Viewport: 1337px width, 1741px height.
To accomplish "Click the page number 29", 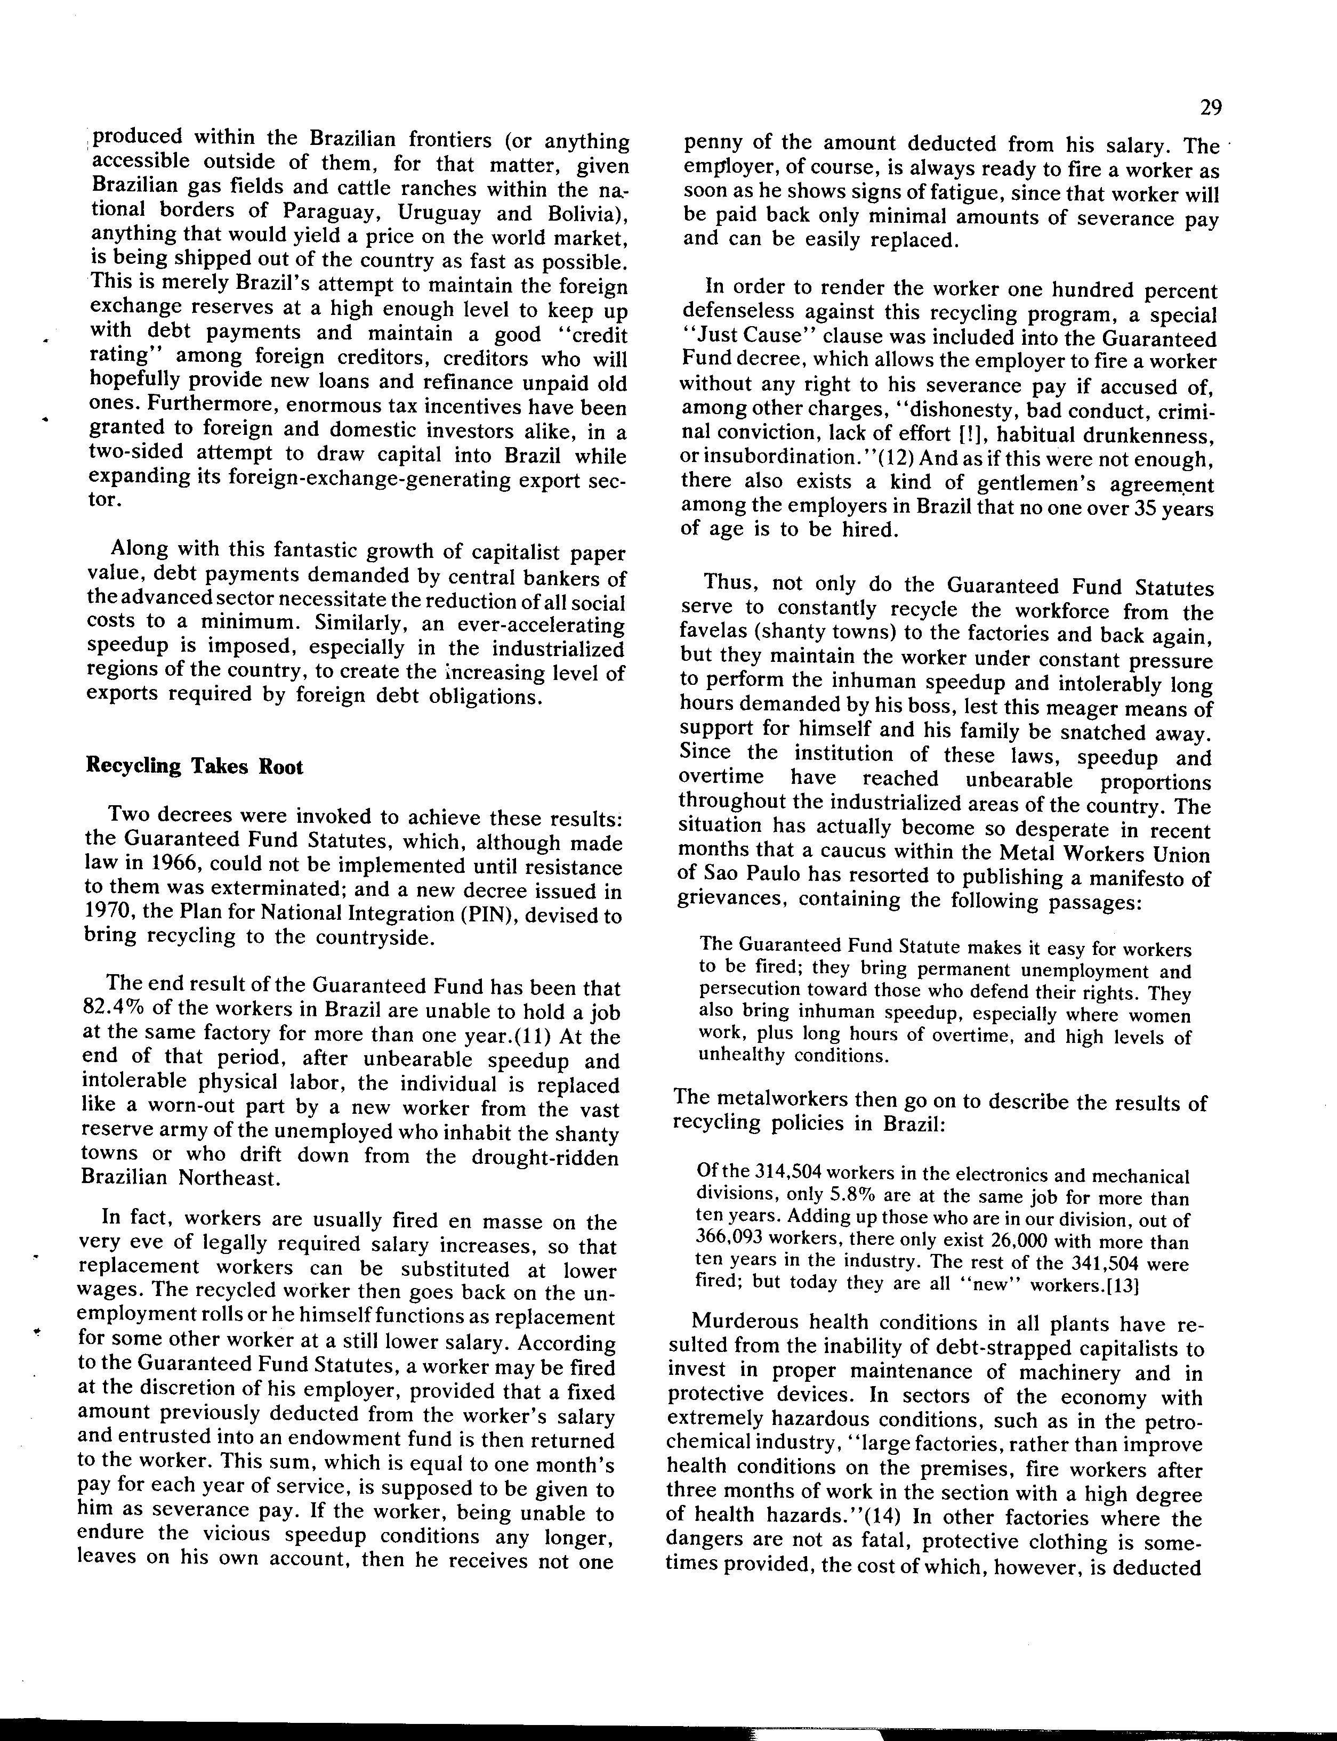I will tap(1211, 107).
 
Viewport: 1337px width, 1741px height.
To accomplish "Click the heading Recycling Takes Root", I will tap(194, 767).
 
